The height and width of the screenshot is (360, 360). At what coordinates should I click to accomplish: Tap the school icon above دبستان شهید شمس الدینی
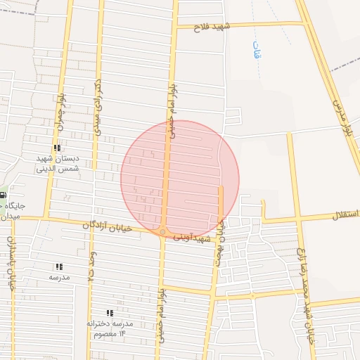56,148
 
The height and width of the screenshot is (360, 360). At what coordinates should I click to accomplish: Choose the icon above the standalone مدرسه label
59,267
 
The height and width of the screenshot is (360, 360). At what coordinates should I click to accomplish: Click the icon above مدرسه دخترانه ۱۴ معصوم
109,312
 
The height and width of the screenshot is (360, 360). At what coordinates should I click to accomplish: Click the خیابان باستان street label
11,263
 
